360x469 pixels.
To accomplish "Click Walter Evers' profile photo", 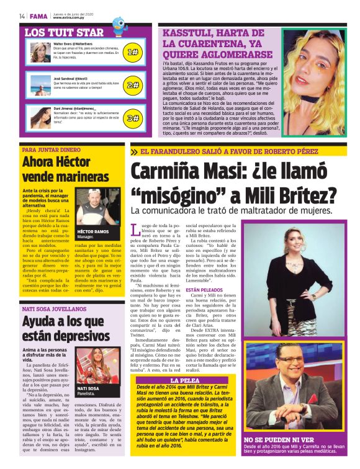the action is click(40, 52).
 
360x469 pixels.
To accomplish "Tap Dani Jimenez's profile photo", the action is click(40, 117).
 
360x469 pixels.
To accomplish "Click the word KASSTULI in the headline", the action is click(188, 35).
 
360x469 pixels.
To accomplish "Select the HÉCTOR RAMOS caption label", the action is click(92, 231).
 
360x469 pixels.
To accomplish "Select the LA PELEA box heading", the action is click(184, 380).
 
